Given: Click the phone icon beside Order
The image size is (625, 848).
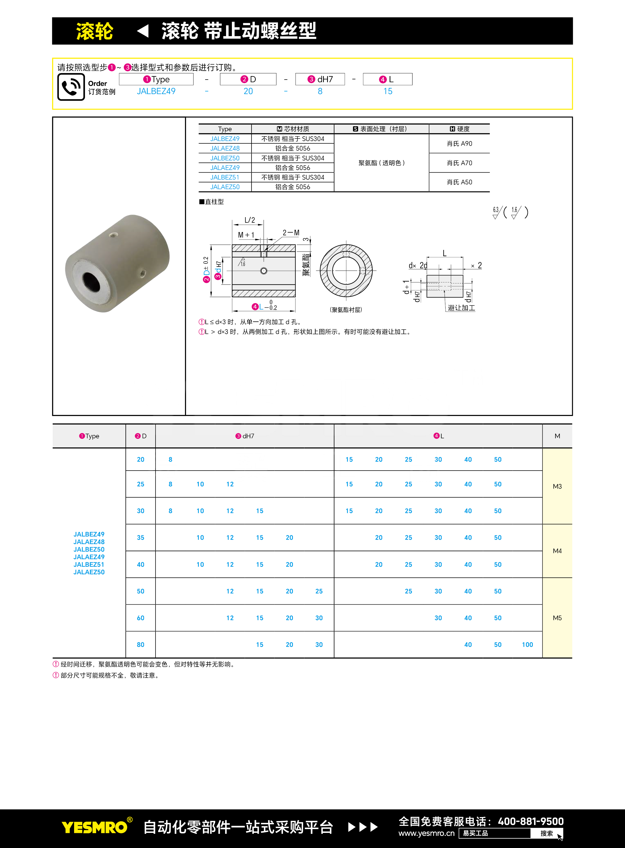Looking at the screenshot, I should (71, 87).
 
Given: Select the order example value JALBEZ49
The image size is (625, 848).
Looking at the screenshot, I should (156, 91).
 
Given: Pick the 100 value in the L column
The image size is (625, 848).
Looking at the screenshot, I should (527, 644).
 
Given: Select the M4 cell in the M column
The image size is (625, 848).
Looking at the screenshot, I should (557, 551).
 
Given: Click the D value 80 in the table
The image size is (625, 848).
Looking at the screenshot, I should (140, 644).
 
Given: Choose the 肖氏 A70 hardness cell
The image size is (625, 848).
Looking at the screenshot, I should (459, 163).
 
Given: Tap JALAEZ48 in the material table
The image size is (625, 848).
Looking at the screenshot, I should (225, 148).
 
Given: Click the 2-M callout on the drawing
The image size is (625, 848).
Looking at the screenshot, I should (291, 233).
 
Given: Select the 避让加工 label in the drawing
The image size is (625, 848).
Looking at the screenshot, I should (461, 308).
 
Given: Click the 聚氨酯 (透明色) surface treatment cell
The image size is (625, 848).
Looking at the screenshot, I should (381, 163).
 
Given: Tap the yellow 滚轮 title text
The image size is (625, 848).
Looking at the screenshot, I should (95, 31).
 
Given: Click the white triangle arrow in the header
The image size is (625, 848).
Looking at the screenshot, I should (143, 31).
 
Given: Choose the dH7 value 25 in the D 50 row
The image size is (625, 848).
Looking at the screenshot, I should (319, 591).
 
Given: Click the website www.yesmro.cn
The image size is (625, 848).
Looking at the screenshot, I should (426, 833).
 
